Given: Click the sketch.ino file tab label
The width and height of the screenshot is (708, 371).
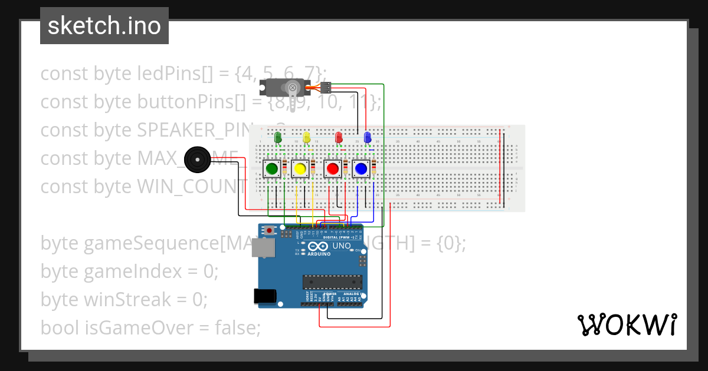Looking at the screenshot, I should pos(104,26).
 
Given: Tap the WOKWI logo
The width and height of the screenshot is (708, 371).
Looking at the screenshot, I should pos(627,324).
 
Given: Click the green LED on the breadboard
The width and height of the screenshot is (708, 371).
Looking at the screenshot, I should pos(278,138).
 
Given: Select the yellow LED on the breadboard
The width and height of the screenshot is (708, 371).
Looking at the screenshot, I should pos(306,138).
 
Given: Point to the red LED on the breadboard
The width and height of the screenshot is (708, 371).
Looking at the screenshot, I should pos(339,138).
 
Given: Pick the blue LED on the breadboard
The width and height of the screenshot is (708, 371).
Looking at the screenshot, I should pos(368,138).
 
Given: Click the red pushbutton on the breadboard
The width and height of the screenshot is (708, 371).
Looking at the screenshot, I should pos(333,169).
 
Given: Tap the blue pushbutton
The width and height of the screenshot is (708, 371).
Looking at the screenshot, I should pos(361,169).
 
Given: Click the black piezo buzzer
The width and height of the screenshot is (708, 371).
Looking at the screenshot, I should pos(196,158).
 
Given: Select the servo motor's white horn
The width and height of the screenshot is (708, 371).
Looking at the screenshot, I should pos(292,88).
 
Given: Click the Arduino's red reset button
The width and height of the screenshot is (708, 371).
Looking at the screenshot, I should pos(270,230).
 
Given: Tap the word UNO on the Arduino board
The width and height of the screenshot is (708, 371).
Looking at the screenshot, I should pos(342,246).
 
